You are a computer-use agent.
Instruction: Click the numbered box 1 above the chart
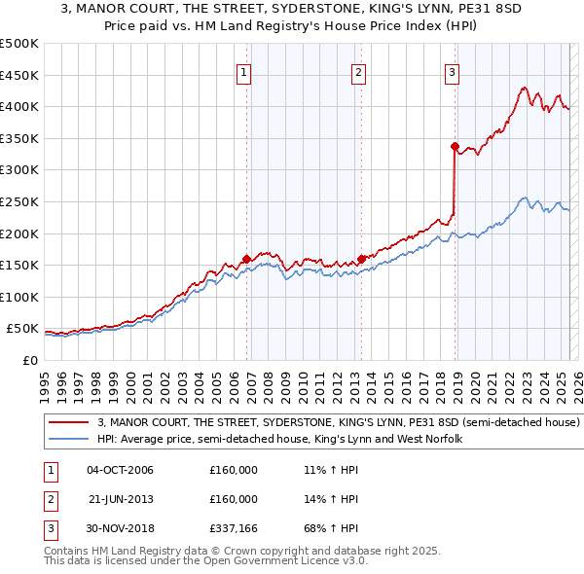(243, 71)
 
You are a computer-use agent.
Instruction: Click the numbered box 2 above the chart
(359, 71)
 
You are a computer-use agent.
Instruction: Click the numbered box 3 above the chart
(453, 71)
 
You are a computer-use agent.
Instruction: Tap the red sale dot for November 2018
(455, 147)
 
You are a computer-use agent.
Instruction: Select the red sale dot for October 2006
(246, 259)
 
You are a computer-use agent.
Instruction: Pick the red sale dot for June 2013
(361, 259)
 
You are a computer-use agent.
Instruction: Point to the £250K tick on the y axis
(19, 201)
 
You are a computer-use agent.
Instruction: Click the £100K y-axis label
(19, 297)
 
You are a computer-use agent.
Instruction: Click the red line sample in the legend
(70, 423)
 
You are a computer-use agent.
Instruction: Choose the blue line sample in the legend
(70, 440)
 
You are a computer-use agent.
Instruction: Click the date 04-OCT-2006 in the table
(120, 470)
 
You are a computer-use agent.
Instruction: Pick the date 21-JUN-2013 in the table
(120, 499)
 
